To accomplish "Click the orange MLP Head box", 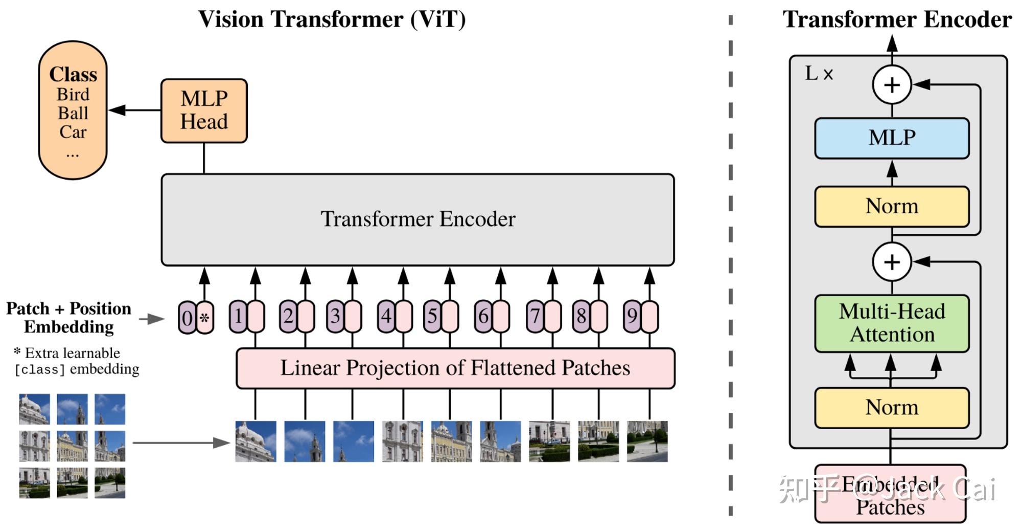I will [x=204, y=110].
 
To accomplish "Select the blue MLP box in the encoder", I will [x=892, y=138].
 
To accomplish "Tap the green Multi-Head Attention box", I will [x=892, y=323].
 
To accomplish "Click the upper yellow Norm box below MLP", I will [x=892, y=206].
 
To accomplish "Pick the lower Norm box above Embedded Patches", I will [x=892, y=408].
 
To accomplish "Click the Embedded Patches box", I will [x=890, y=494].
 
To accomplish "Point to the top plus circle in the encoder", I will [x=892, y=85].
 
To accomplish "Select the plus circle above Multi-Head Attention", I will [x=892, y=262].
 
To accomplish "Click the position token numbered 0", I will [x=187, y=318].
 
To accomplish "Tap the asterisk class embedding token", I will [x=205, y=318].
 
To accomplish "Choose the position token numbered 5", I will [x=432, y=317].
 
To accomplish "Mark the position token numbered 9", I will [x=632, y=317].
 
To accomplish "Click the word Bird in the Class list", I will [x=73, y=95].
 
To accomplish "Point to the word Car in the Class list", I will [x=73, y=132].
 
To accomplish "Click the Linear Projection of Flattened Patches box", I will [x=455, y=368].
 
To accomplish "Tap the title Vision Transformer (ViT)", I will [x=332, y=19].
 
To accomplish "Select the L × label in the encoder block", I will [x=819, y=74].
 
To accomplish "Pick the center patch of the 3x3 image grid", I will [x=72, y=446].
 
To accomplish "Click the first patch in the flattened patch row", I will [x=255, y=441].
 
